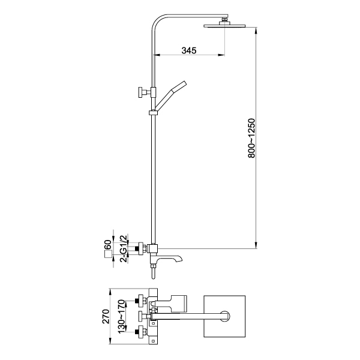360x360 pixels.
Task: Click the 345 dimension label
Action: (x=189, y=50)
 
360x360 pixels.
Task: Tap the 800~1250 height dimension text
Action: (x=251, y=138)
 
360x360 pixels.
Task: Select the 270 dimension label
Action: (x=106, y=316)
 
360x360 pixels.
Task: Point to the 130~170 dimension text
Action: (x=121, y=316)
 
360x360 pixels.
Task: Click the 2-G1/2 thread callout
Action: (x=124, y=248)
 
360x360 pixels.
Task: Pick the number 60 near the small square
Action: (x=108, y=244)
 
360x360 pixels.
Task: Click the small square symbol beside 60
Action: (x=108, y=254)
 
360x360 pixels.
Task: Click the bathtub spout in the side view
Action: (x=169, y=259)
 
